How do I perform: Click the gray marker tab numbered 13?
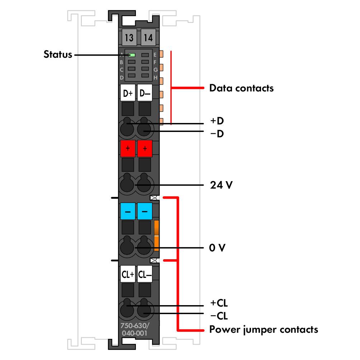tap(128, 37)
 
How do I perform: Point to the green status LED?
tap(132, 55)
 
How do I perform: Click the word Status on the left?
tap(58, 55)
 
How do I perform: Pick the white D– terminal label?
tap(145, 94)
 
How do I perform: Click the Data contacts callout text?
tap(241, 88)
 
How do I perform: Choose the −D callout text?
tap(217, 134)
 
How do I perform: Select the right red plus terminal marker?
tap(145, 148)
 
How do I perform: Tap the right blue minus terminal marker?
tap(145, 211)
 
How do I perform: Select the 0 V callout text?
tap(217, 248)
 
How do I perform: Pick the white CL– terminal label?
tap(145, 275)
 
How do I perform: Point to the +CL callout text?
tap(219, 303)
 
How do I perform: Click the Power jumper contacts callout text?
tap(264, 329)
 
